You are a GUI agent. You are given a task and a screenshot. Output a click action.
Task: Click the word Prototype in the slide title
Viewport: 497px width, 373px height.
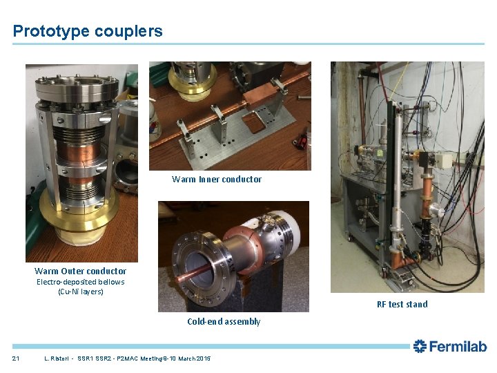tap(52, 31)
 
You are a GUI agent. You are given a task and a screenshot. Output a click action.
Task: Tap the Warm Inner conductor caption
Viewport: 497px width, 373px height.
tap(217, 180)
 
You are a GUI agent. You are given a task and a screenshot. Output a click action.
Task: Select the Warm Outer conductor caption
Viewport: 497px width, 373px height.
tap(81, 271)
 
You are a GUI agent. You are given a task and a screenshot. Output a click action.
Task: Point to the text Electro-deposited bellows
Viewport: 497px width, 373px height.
tap(81, 282)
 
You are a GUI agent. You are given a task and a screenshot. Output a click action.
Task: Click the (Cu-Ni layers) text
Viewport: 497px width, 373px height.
tap(81, 291)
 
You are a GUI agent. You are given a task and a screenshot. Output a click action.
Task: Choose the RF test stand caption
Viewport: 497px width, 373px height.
tap(402, 305)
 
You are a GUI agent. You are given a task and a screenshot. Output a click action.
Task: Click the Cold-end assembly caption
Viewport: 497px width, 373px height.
tap(224, 322)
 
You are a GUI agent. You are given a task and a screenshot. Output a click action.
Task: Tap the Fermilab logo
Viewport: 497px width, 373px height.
tap(449, 346)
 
